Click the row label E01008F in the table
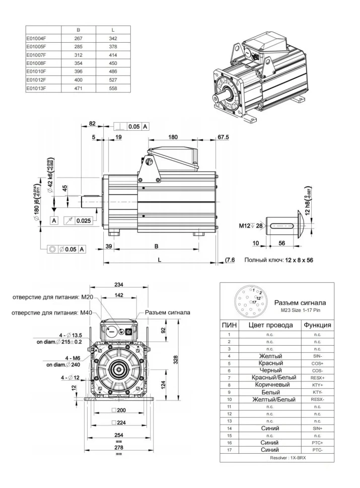tap(37, 64)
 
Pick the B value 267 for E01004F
tap(78, 38)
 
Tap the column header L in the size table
tap(112, 30)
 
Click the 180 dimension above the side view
tap(173, 136)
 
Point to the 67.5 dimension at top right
tap(223, 136)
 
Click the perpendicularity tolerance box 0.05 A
tap(131, 127)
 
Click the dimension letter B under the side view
tap(156, 247)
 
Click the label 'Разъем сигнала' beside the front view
tap(167, 312)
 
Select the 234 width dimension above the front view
tap(120, 285)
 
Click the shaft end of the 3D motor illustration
tap(221, 94)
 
